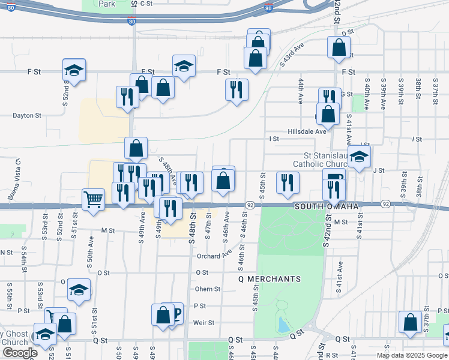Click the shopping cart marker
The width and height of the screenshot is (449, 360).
pyautogui.click(x=93, y=199)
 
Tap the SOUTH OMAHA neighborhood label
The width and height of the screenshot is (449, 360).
pyautogui.click(x=327, y=206)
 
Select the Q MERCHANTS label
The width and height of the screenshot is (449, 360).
pyautogui.click(x=269, y=279)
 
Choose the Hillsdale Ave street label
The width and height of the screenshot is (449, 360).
pyautogui.click(x=307, y=131)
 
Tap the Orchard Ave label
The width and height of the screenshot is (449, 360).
pyautogui.click(x=214, y=255)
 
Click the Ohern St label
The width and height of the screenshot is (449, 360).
pyautogui.click(x=208, y=289)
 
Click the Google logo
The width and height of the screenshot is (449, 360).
pyautogui.click(x=20, y=353)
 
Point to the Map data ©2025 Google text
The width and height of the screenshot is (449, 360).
pyautogui.click(x=411, y=355)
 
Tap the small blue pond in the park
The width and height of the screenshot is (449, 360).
pyautogui.click(x=282, y=325)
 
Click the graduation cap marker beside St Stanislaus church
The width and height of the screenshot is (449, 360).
pyautogui.click(x=359, y=157)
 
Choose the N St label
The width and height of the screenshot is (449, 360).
pyautogui.click(x=7, y=253)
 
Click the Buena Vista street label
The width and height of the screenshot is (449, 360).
pyautogui.click(x=14, y=178)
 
